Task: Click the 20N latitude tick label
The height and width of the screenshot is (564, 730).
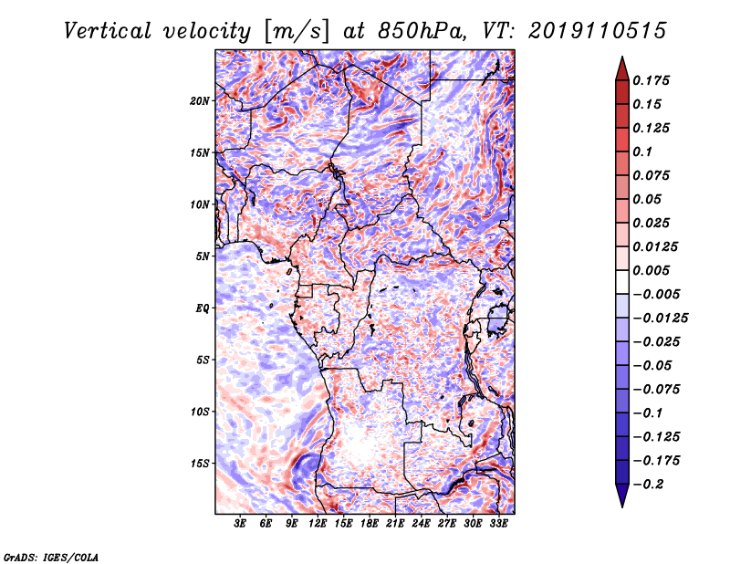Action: coord(200,100)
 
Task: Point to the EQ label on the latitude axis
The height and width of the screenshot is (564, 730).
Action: coord(202,308)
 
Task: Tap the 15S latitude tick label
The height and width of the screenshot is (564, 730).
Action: coord(200,463)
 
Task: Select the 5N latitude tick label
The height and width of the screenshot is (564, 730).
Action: coord(203,256)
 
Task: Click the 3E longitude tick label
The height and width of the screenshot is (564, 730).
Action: coord(241,524)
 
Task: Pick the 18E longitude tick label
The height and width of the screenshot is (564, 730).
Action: coord(370,524)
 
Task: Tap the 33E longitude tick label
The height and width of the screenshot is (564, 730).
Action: coord(499,524)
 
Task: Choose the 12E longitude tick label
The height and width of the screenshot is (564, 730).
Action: coord(318,524)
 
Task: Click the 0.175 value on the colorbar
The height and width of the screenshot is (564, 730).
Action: coord(653,80)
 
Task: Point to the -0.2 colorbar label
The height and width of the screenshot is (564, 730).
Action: coord(650,484)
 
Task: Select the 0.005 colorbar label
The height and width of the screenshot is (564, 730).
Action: coord(653,270)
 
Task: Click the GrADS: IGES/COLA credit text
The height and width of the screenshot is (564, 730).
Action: coord(50,556)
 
